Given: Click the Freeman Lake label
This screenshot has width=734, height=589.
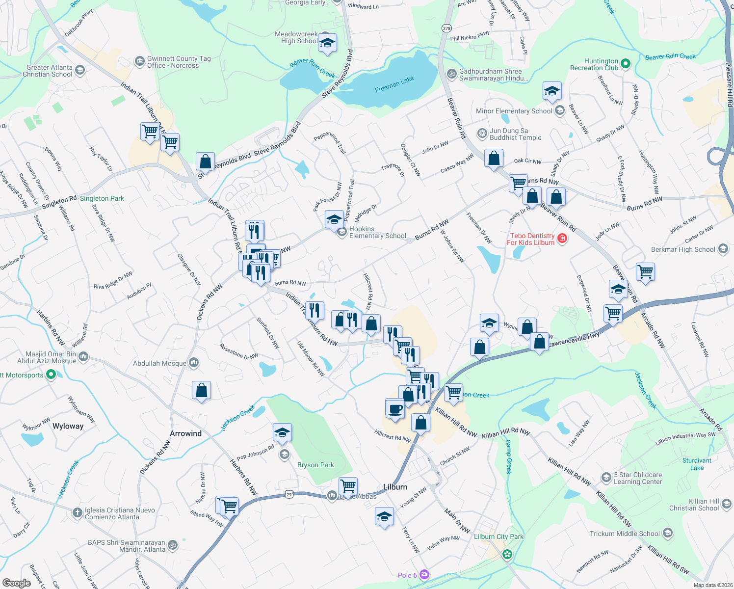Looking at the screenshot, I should pyautogui.click(x=394, y=84).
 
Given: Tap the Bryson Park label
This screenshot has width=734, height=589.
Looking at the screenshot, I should pyautogui.click(x=315, y=465).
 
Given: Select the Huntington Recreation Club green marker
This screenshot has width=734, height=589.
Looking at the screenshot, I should pyautogui.click(x=625, y=64).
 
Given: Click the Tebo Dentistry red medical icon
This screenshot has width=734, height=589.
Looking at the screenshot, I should pyautogui.click(x=562, y=239).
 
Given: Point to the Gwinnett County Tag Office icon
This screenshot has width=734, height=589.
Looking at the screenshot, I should pyautogui.click(x=139, y=62).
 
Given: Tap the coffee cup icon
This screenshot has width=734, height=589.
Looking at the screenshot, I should pyautogui.click(x=395, y=408).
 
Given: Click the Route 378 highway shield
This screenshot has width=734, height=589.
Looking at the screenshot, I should pyautogui.click(x=446, y=28).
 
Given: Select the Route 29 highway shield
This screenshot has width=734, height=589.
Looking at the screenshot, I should pyautogui.click(x=289, y=495).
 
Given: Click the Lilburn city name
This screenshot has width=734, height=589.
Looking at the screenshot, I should pyautogui.click(x=395, y=487).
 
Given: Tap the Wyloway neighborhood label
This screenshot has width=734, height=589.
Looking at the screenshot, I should pyautogui.click(x=68, y=426).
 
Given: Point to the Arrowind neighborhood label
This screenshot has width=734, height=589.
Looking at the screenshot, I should pyautogui.click(x=185, y=433).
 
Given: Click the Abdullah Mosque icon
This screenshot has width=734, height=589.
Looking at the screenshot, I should pyautogui.click(x=194, y=363).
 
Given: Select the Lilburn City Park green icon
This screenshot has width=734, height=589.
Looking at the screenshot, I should pyautogui.click(x=507, y=555).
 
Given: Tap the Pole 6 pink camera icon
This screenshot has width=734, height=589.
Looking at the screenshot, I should pyautogui.click(x=424, y=575).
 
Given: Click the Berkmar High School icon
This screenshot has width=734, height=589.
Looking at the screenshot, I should pyautogui.click(x=723, y=249).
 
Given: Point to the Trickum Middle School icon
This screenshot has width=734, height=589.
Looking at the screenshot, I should pyautogui.click(x=667, y=534).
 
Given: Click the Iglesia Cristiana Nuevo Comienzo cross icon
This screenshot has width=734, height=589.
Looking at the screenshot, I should pyautogui.click(x=77, y=513).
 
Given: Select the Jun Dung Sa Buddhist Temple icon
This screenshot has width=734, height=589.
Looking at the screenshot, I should pyautogui.click(x=482, y=134).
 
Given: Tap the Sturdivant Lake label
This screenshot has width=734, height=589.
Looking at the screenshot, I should pyautogui.click(x=697, y=464).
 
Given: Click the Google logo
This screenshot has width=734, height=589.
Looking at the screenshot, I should pyautogui.click(x=16, y=583).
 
